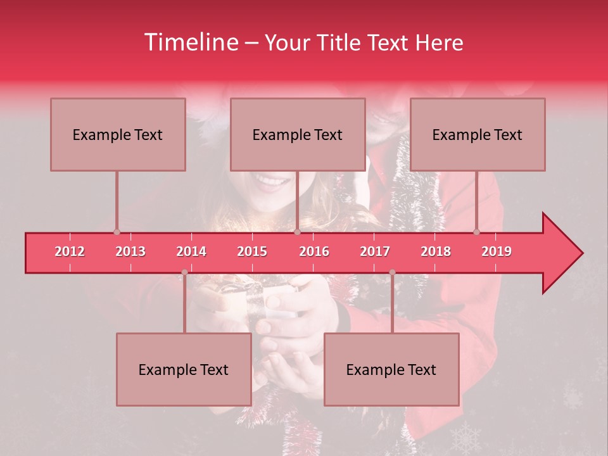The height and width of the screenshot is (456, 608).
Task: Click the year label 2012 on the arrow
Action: click(70, 251)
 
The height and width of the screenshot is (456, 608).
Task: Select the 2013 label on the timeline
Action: click(130, 251)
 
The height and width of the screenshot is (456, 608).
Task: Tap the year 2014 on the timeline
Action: click(191, 251)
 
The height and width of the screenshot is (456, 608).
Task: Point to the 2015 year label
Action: click(252, 251)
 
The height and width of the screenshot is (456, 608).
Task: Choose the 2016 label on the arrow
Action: click(314, 251)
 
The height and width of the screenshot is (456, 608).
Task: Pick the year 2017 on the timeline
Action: click(375, 251)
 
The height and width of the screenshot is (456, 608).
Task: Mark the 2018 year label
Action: click(436, 251)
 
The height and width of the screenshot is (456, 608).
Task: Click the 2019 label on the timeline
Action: click(497, 251)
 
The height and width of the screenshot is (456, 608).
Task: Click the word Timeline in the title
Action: click(191, 42)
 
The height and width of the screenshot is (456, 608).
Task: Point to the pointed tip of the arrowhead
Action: click(582, 253)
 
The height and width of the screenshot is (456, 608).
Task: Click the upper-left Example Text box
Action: click(118, 134)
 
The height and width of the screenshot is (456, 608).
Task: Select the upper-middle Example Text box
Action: click(298, 134)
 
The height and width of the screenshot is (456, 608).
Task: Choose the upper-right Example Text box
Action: click(478, 134)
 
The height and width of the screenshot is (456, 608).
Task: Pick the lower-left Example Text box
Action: click(184, 369)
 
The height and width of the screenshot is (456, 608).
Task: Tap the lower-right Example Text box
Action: click(391, 369)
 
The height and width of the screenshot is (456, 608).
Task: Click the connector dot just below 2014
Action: click(184, 272)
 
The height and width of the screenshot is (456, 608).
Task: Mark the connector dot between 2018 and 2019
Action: click(477, 232)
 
